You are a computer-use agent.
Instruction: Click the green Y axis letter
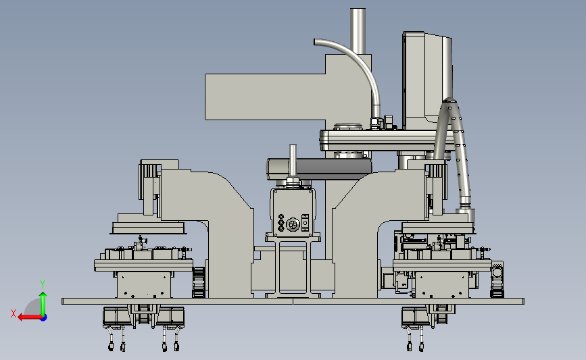click(43, 284)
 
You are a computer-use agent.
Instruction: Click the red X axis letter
click(14, 313)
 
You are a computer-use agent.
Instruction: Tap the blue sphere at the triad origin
click(44, 318)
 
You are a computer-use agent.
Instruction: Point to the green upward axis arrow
click(43, 304)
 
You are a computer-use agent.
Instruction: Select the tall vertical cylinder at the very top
click(358, 31)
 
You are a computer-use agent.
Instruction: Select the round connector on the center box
click(293, 225)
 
